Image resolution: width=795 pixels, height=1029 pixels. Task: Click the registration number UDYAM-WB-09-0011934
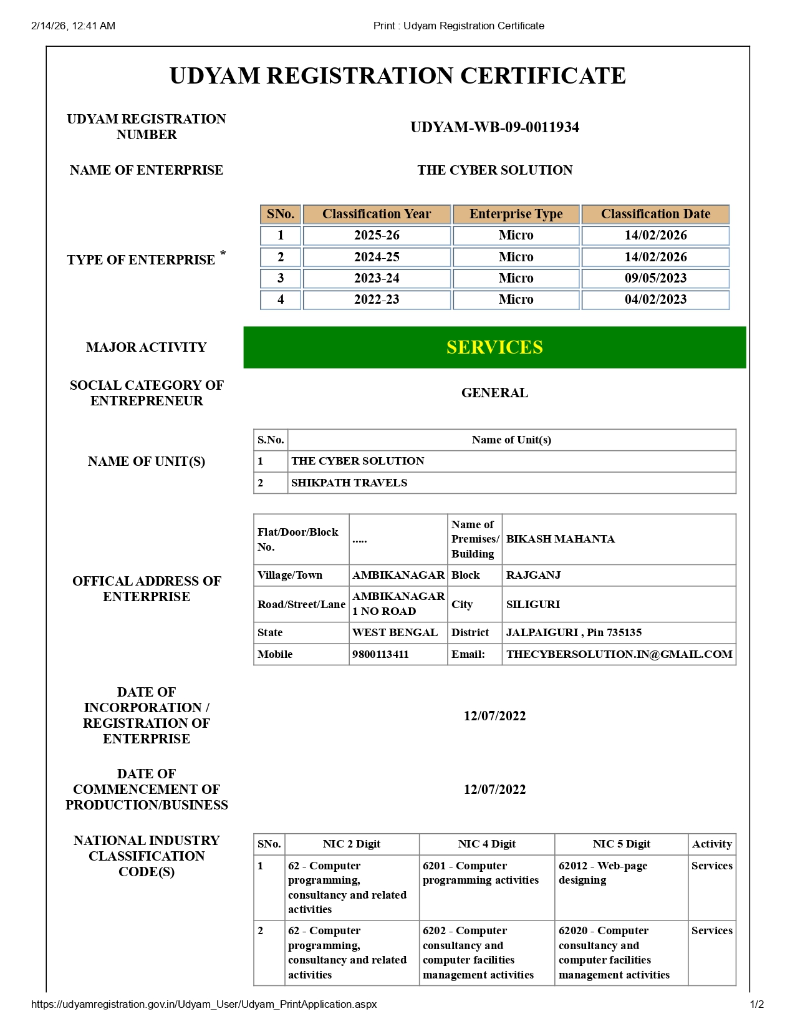[494, 127]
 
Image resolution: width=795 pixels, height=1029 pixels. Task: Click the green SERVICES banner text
[494, 347]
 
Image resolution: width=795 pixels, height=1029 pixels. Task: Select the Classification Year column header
[376, 214]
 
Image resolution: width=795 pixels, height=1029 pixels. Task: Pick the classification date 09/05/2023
[655, 278]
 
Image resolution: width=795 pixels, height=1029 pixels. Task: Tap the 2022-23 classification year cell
[376, 299]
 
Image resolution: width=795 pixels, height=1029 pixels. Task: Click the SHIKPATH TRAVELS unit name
[349, 483]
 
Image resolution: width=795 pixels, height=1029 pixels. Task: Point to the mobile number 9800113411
[380, 654]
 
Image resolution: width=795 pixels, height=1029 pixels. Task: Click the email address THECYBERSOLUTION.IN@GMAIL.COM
[619, 654]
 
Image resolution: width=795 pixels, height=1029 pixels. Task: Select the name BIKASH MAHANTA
[560, 539]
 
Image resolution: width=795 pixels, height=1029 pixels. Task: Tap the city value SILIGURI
[533, 604]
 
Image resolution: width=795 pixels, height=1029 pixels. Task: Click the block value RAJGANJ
[533, 575]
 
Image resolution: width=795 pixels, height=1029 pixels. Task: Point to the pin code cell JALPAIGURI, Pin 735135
[574, 632]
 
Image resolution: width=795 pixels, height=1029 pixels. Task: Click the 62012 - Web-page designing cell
[602, 873]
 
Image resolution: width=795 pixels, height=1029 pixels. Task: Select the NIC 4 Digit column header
[486, 844]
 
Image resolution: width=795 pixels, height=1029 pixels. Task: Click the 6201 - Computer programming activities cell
[480, 873]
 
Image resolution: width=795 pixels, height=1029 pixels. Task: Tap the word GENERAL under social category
[494, 393]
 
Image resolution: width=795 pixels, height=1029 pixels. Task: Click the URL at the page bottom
[204, 1004]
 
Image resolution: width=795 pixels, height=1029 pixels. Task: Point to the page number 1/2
[756, 1004]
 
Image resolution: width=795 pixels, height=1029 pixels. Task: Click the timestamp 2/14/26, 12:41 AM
[73, 26]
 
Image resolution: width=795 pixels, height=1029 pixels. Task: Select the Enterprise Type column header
[516, 214]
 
